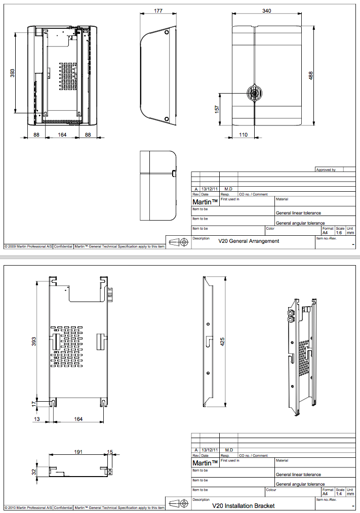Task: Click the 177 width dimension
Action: [158, 11]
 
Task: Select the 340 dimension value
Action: [266, 11]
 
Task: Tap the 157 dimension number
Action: [217, 109]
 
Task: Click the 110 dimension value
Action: [243, 135]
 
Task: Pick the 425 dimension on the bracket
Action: [222, 341]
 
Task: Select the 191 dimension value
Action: [78, 452]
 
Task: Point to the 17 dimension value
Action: [34, 403]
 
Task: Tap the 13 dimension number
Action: [36, 419]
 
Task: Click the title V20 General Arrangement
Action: [249, 241]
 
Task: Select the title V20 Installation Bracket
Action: [244, 505]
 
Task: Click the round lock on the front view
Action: [254, 93]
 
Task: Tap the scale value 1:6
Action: [340, 233]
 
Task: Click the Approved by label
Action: [326, 170]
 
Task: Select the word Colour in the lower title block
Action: [271, 489]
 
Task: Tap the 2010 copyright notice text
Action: [28, 507]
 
